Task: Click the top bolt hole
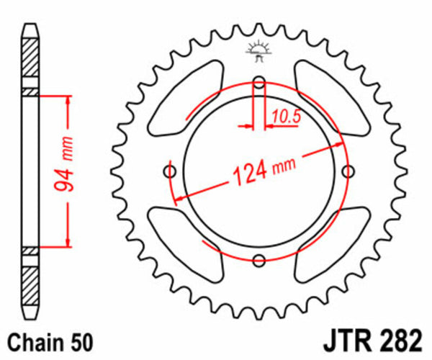click(x=260, y=81)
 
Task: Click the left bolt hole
click(x=171, y=171)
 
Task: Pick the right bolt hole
click(x=349, y=171)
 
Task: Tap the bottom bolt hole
click(x=260, y=260)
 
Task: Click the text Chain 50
click(x=49, y=339)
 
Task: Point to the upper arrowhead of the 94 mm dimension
click(x=68, y=101)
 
